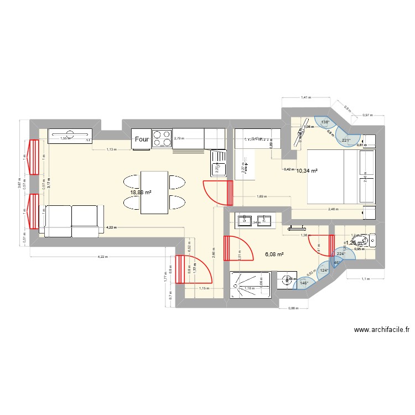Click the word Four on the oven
141,140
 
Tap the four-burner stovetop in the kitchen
161,139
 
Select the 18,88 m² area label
141,193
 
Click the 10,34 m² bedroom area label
307,171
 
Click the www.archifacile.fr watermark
381,330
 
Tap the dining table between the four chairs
154,192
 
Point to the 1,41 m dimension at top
305,98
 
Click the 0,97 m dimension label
367,115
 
